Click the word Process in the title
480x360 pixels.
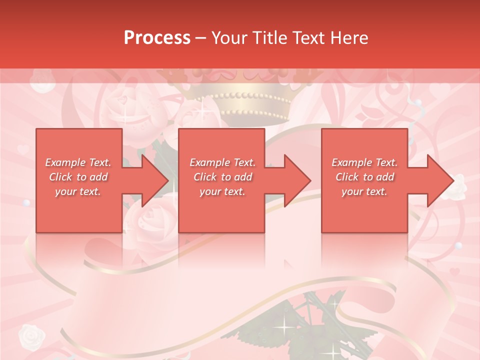pyautogui.click(x=157, y=38)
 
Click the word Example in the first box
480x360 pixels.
pyautogui.click(x=65, y=162)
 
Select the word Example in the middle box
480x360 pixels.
pyautogui.click(x=209, y=162)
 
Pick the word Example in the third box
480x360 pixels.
pyautogui.click(x=351, y=162)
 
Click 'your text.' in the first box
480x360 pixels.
pyautogui.click(x=78, y=191)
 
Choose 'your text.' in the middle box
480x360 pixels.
pyautogui.click(x=222, y=191)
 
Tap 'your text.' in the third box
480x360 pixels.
pyautogui.click(x=364, y=191)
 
